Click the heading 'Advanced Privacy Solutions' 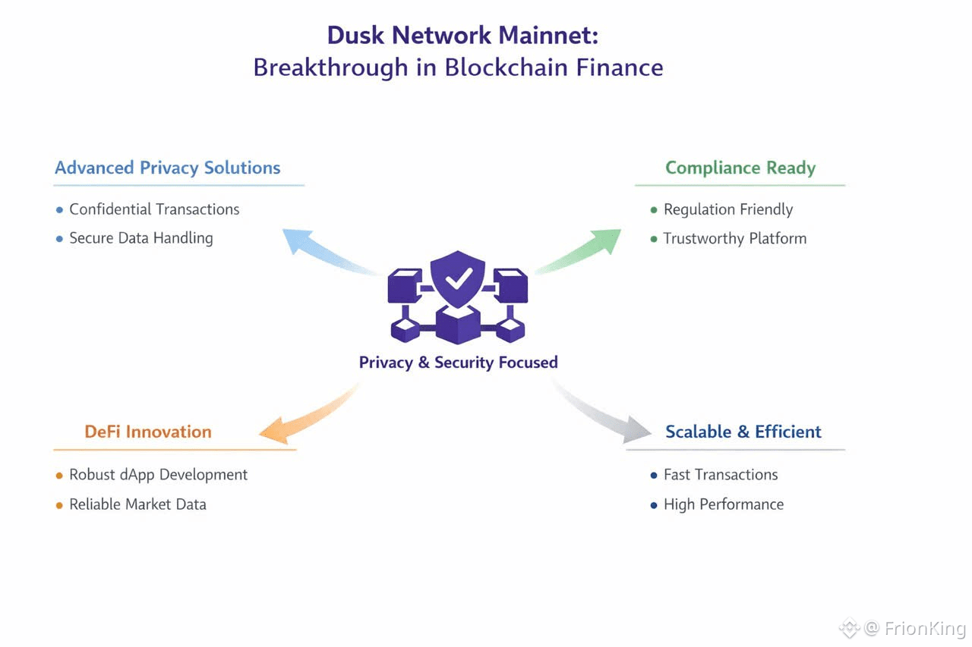(168, 168)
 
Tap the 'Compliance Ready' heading (740, 168)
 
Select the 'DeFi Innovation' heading (148, 432)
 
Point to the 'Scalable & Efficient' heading (743, 432)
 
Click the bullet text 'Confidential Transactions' (154, 209)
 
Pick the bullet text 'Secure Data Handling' (141, 238)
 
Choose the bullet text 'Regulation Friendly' (728, 210)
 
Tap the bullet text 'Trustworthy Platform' (735, 239)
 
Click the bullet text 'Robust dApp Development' (159, 475)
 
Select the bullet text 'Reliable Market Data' (137, 504)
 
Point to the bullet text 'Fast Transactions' (721, 475)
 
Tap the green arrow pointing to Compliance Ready (580, 252)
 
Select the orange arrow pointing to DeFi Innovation (311, 415)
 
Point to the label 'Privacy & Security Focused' (458, 363)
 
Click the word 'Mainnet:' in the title (548, 35)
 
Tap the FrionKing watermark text (925, 628)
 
